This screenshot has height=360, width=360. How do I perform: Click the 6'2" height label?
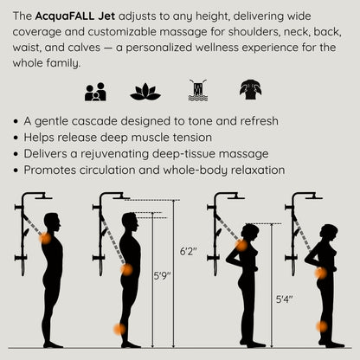[x=188, y=251]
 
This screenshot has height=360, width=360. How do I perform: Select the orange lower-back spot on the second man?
[x=126, y=269]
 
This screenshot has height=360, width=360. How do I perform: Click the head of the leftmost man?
[x=53, y=222]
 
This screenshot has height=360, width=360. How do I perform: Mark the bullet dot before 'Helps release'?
[x=19, y=138]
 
